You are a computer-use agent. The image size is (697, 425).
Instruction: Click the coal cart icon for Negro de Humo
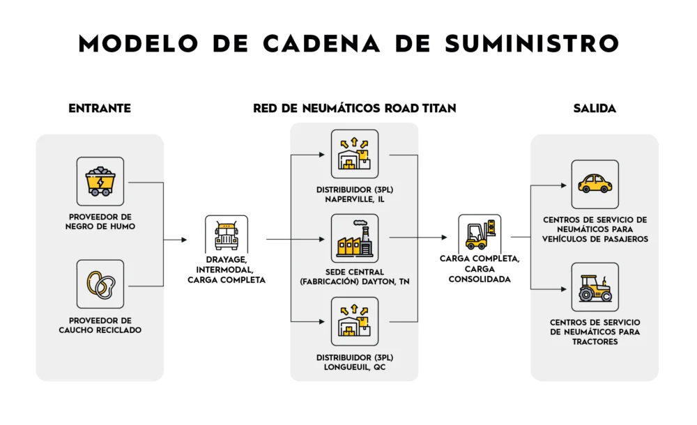point(100,181)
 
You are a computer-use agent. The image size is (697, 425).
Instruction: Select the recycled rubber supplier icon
point(100,284)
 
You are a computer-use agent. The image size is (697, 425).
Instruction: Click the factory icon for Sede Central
point(355,239)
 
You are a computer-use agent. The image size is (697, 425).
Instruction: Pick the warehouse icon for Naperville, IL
point(355,154)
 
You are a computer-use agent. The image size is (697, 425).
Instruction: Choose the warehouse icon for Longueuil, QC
point(355,321)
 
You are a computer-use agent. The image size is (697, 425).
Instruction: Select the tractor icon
point(595,286)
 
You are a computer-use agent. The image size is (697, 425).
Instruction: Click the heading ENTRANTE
point(100,109)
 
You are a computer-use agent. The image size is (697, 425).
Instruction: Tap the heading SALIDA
point(595,109)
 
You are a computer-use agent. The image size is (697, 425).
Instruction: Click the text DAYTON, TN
point(395,281)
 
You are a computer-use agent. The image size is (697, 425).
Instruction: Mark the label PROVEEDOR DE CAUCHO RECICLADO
point(100,325)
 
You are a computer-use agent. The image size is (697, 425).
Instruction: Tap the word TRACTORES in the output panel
point(595,342)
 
